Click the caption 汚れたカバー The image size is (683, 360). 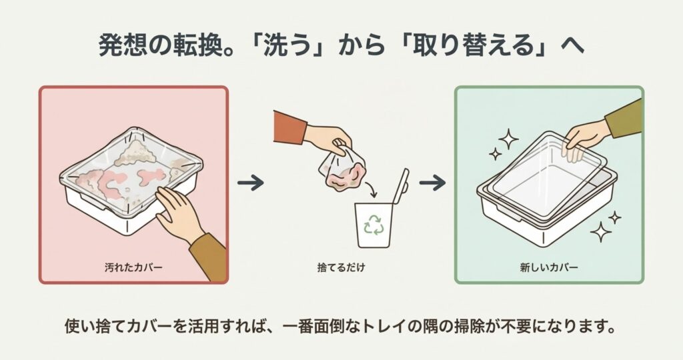click(133, 267)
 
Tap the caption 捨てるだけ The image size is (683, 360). click(341, 267)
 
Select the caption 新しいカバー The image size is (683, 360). click(549, 267)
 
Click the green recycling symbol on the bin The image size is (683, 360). click(374, 224)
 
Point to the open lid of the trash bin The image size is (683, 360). click(401, 186)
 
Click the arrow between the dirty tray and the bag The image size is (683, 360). click(251, 183)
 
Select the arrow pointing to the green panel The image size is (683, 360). click(432, 183)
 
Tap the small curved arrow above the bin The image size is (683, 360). click(371, 190)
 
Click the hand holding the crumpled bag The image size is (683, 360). click(327, 137)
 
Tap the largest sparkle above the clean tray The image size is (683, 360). click(508, 139)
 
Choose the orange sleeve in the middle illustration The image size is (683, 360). click(289, 127)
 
